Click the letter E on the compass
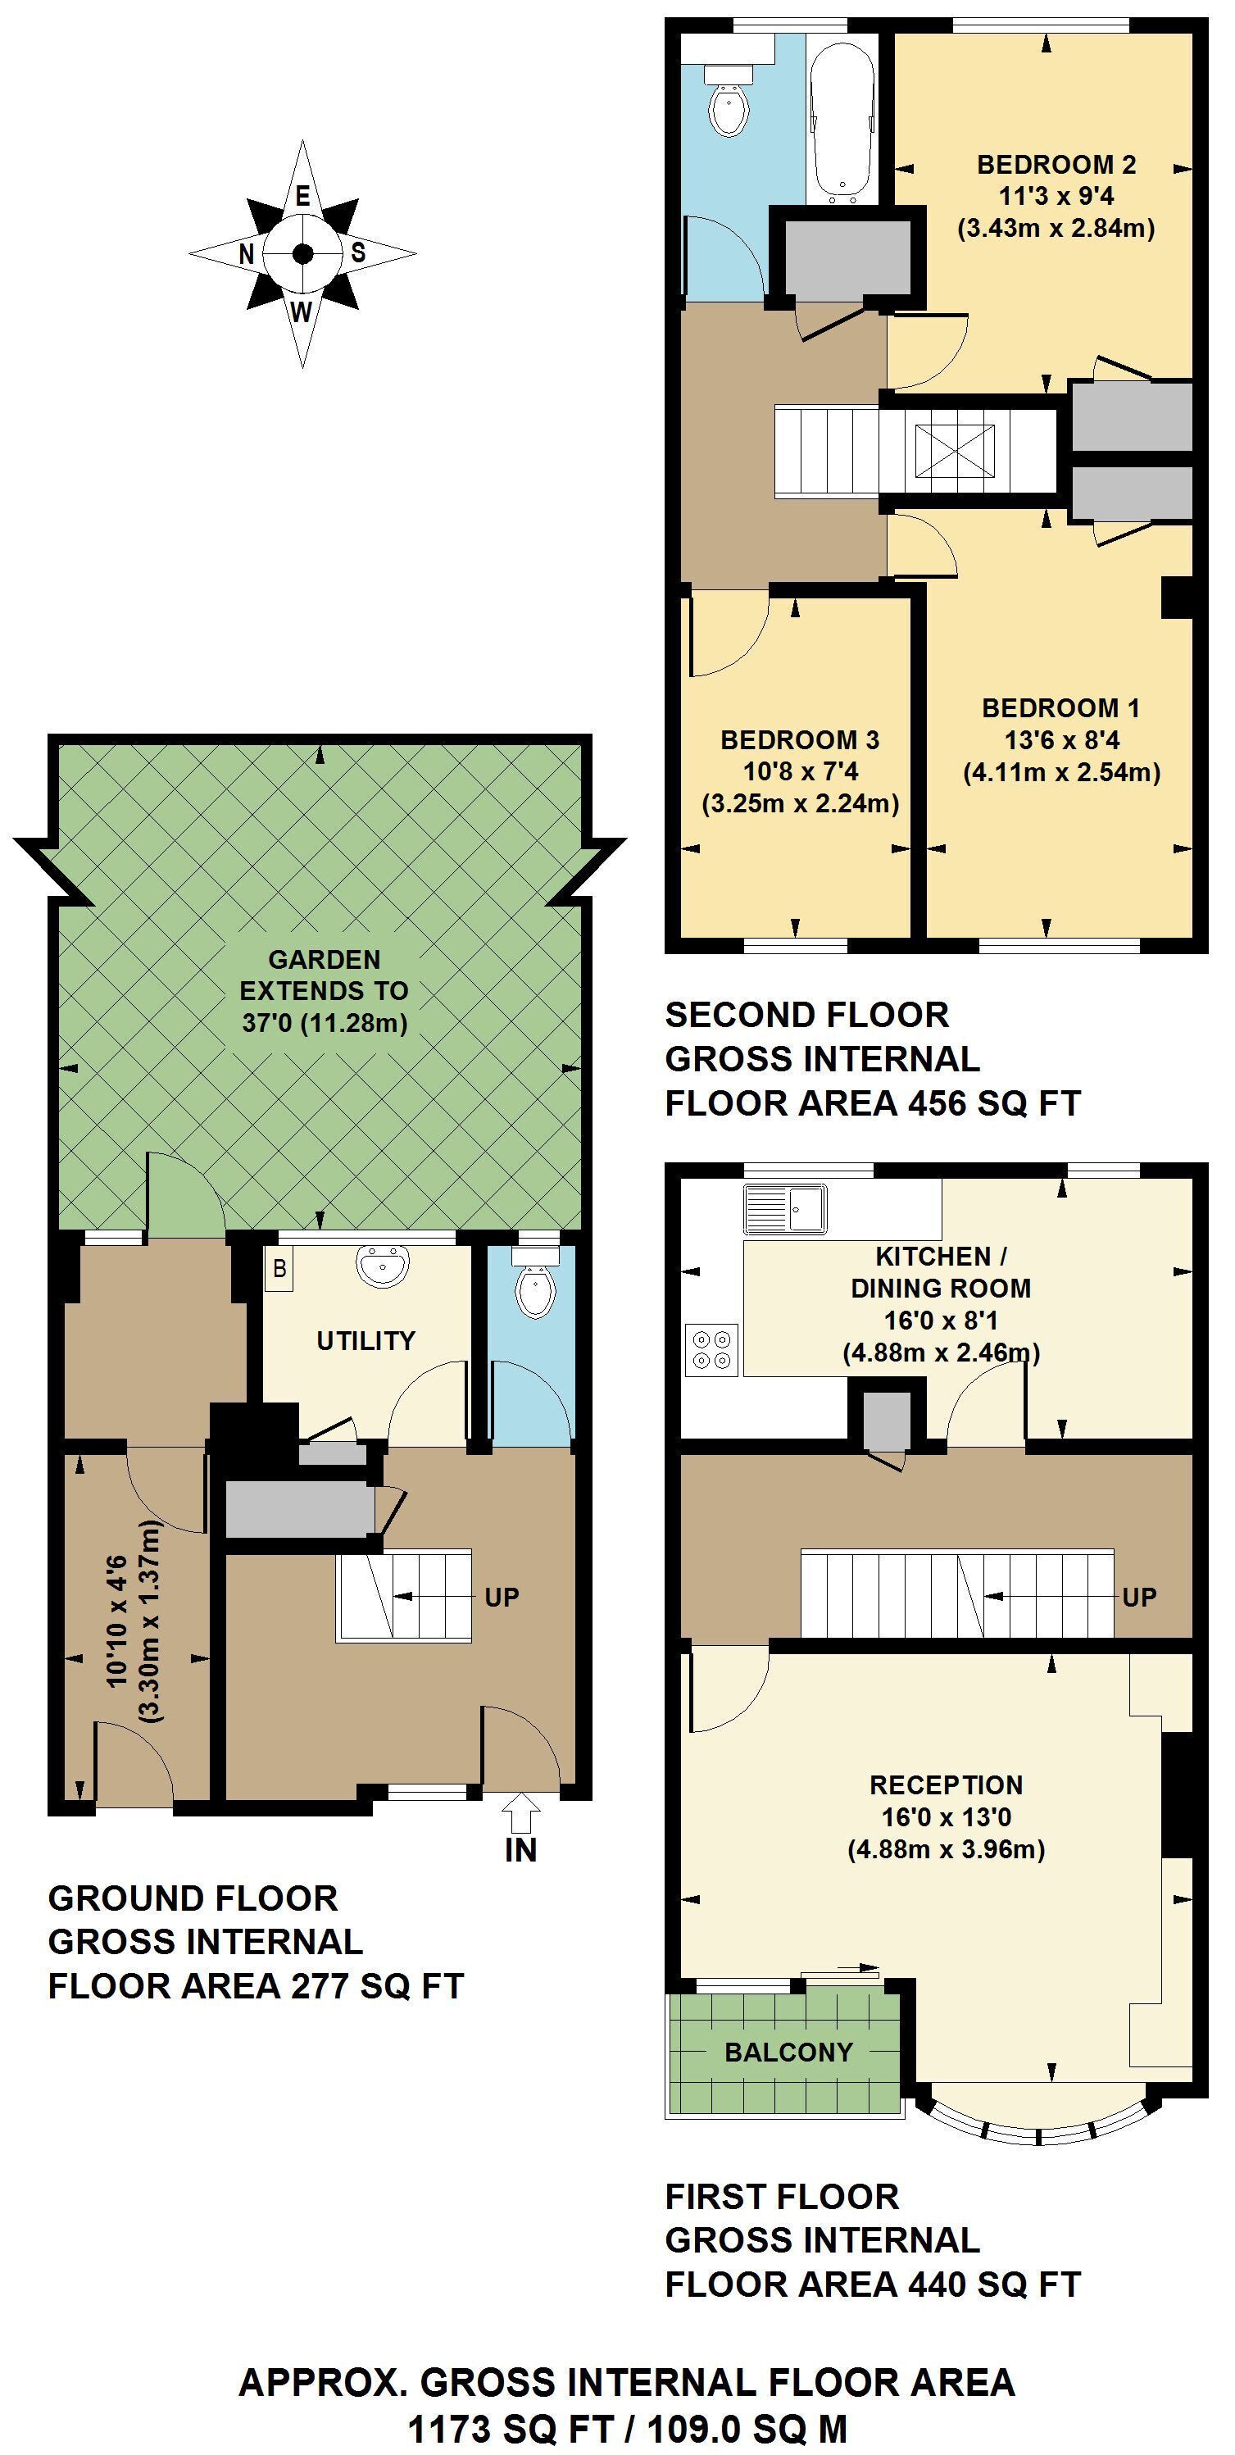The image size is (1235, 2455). tap(302, 197)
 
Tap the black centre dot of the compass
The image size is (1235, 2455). tap(302, 253)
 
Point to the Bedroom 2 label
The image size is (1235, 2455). tap(1056, 165)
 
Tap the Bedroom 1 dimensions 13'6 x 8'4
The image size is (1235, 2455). tap(1060, 740)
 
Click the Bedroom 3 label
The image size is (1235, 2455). tap(800, 739)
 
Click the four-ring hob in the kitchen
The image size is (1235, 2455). tap(711, 1350)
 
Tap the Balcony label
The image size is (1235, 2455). tap(788, 2052)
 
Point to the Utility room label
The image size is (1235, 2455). tap(366, 1341)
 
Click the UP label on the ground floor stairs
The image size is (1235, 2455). tap(502, 1598)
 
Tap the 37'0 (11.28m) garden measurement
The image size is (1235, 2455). tap(325, 1023)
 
